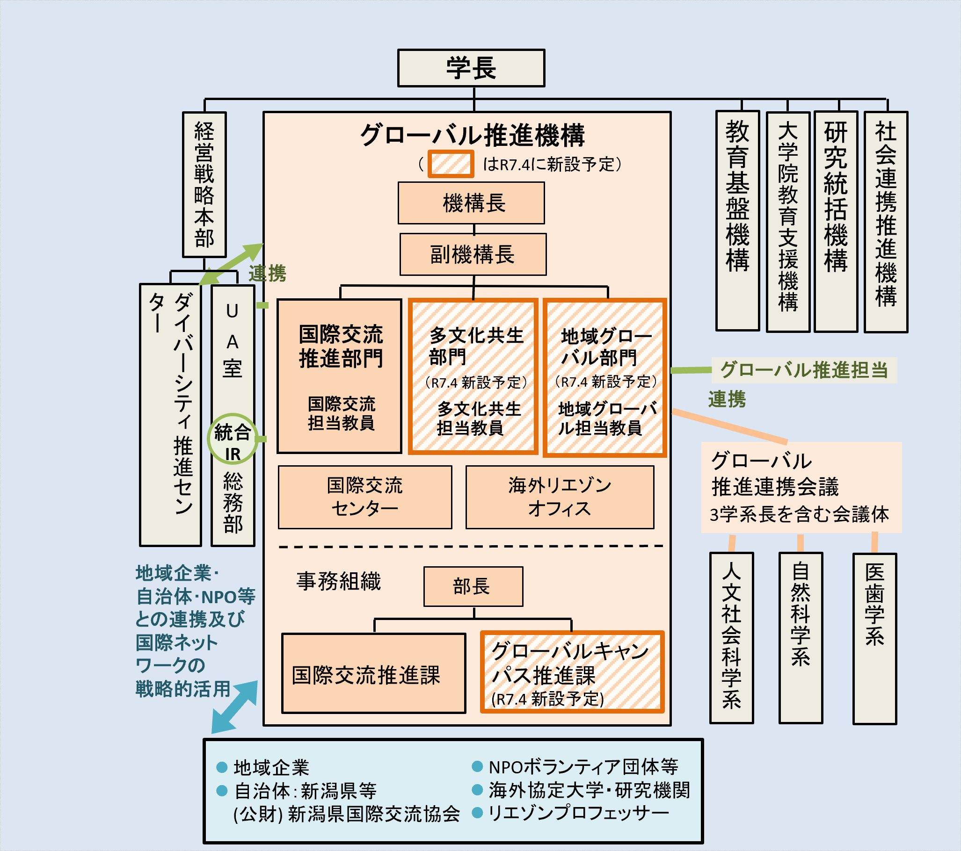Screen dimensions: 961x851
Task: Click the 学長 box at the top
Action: click(471, 68)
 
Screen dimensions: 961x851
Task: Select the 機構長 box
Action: click(471, 203)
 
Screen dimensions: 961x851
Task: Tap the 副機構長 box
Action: click(473, 254)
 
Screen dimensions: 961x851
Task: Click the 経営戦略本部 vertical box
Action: click(204, 185)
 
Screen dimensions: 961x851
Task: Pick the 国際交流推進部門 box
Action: click(340, 376)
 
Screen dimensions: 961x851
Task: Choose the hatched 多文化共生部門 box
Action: click(473, 376)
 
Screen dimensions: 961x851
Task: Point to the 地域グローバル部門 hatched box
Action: click(605, 377)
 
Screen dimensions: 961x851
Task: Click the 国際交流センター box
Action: click(365, 497)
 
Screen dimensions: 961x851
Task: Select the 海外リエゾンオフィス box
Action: click(560, 497)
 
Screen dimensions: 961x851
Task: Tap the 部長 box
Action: click(473, 586)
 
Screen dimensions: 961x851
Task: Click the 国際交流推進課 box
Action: click(374, 673)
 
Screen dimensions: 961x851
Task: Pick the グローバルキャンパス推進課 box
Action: click(572, 672)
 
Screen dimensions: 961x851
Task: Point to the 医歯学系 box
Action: click(874, 639)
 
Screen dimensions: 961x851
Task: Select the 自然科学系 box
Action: click(801, 638)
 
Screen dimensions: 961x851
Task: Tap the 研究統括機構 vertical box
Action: click(836, 221)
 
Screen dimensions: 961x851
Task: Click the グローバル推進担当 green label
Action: click(804, 370)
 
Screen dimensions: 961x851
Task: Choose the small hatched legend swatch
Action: click(451, 164)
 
